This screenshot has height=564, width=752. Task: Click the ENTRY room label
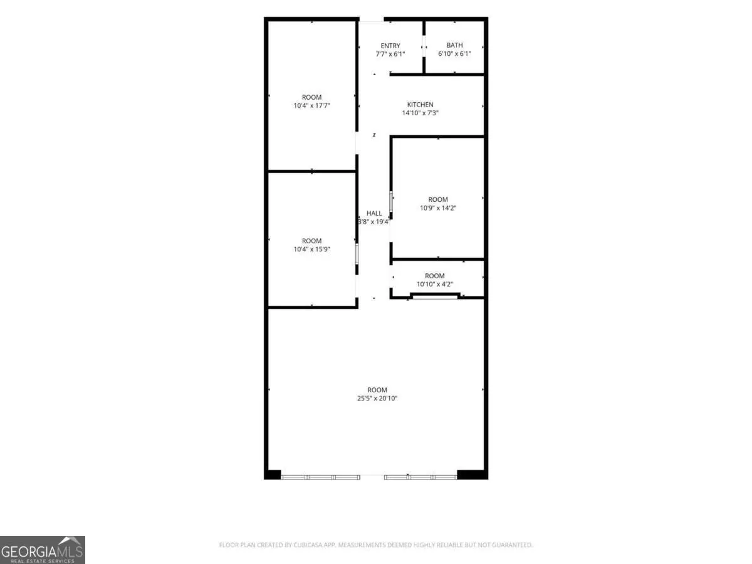pos(390,46)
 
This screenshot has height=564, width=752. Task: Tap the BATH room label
pos(454,45)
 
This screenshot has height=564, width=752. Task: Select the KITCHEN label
pos(420,105)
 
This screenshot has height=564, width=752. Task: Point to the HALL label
pos(373,213)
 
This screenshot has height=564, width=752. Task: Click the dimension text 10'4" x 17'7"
pos(311,105)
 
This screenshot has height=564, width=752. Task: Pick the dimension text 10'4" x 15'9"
pos(311,249)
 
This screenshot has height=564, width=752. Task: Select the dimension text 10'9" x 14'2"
pos(438,208)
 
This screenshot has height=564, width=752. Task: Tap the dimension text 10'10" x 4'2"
pos(434,284)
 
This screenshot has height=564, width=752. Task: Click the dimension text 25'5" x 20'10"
pos(377,398)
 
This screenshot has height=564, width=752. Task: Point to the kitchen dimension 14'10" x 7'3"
pos(420,113)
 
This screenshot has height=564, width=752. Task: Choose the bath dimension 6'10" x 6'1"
pos(454,53)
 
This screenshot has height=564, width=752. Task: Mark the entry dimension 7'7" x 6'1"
pos(390,54)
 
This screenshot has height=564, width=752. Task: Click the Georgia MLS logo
pos(43,550)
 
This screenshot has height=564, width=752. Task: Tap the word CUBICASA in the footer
pos(306,545)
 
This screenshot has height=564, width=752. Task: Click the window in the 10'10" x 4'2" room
pos(435,296)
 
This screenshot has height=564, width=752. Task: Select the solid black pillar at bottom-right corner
pos(472,474)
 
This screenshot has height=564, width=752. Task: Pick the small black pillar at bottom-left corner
pos(273,474)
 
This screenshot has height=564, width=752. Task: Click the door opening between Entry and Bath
pos(424,46)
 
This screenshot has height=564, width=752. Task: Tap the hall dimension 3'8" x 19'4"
pos(373,222)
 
